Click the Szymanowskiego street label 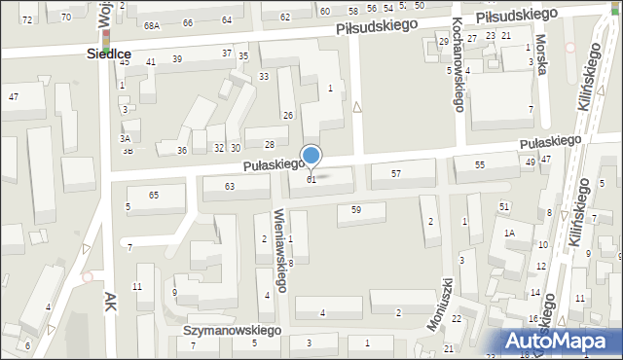click(231, 330)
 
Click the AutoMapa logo click(559, 341)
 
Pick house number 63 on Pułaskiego click(231, 186)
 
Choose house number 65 click(154, 196)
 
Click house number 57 click(396, 173)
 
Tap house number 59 click(356, 209)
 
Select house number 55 click(480, 165)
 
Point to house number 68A click(151, 25)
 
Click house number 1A click(508, 233)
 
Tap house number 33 click(263, 76)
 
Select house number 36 click(181, 150)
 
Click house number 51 click(504, 206)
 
